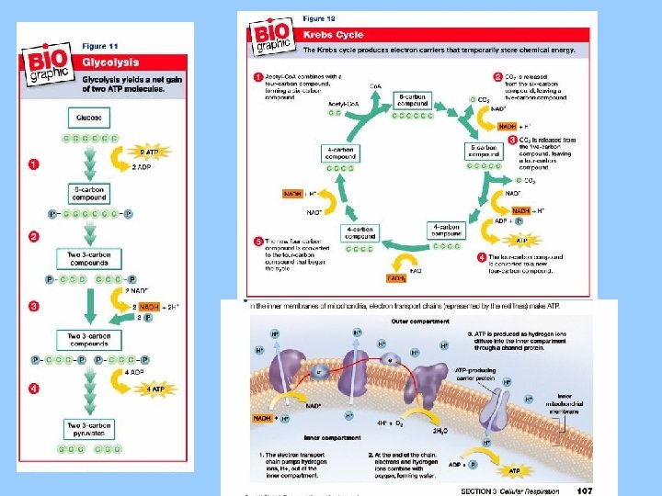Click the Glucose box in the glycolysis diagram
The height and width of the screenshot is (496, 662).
(90, 118)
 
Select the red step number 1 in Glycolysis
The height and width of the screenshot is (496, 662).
(33, 165)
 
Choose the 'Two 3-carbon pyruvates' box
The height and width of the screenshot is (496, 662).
(90, 428)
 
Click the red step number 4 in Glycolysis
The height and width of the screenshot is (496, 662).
(33, 389)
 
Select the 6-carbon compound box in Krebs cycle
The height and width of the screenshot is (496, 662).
(411, 99)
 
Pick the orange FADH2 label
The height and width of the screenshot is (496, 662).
(395, 277)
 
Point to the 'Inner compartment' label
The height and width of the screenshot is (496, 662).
(326, 438)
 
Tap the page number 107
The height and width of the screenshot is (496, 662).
(585, 490)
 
